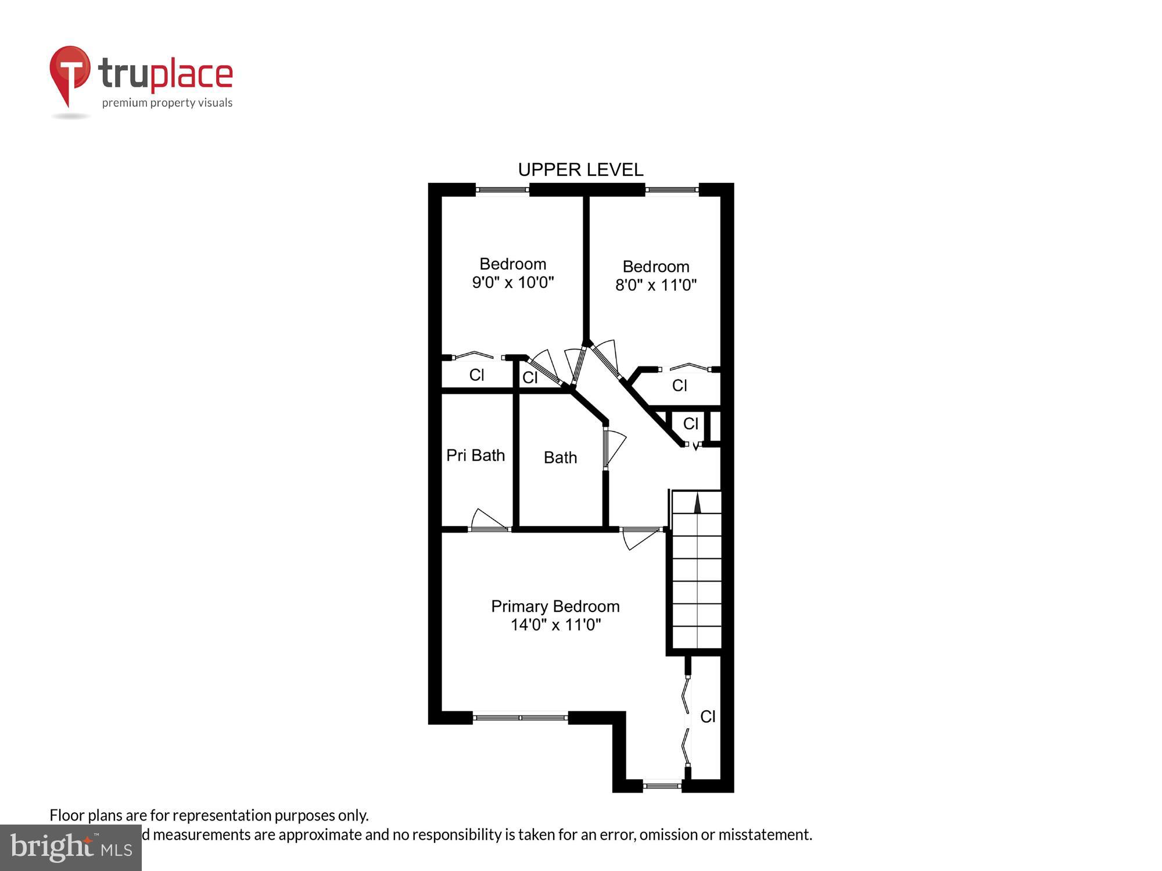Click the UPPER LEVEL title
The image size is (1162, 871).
[x=580, y=170]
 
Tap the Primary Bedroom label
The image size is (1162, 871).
[x=555, y=606]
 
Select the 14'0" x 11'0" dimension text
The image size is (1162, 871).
[x=555, y=625]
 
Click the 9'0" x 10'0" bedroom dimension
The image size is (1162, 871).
[x=512, y=283]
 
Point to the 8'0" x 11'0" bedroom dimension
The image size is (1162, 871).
[x=655, y=285]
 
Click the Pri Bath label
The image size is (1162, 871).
[x=475, y=455]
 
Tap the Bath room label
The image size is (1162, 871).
[x=560, y=458]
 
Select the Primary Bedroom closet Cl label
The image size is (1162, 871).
[x=707, y=717]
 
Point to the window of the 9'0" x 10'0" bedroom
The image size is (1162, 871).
[x=502, y=189]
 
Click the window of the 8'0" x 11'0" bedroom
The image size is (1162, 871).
[x=672, y=189]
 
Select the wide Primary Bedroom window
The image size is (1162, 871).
[x=520, y=718]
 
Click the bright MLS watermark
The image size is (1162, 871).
[x=71, y=848]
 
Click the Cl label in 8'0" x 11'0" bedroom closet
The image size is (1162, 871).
[x=679, y=385]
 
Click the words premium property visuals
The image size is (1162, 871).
[x=167, y=103]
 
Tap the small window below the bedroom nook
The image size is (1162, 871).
[x=662, y=786]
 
